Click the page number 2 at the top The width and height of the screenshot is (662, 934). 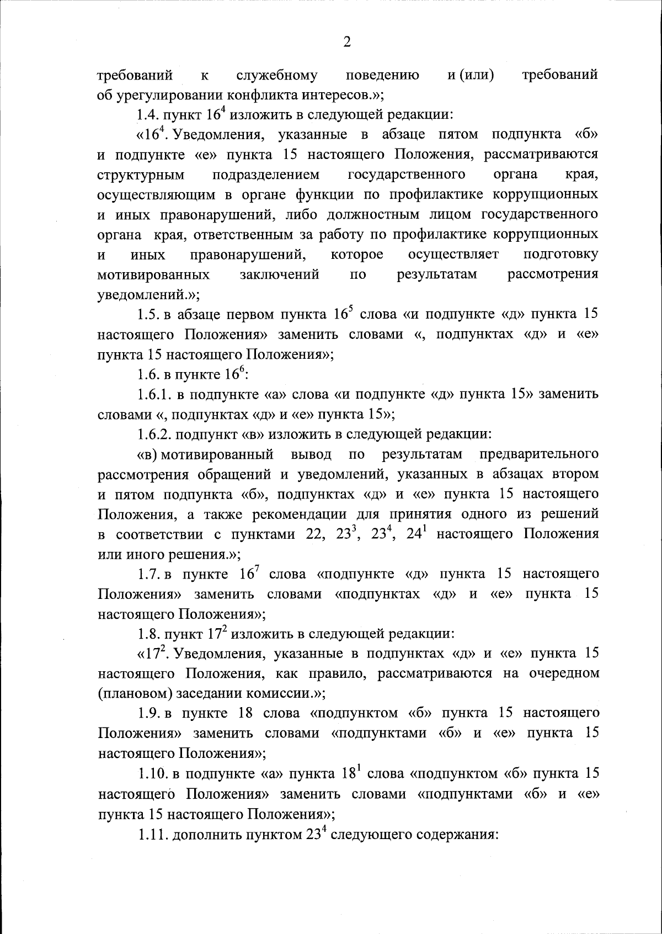pos(346,43)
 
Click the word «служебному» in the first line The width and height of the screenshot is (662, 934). pos(276,75)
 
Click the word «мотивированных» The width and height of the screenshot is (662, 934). pos(153,274)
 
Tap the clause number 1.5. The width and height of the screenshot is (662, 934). pos(148,315)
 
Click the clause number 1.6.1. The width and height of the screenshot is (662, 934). pos(154,395)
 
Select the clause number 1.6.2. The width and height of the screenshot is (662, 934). pos(154,434)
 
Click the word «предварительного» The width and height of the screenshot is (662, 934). pos(539,454)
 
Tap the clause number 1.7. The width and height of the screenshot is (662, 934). pos(148,574)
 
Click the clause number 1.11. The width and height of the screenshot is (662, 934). pos(152,834)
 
